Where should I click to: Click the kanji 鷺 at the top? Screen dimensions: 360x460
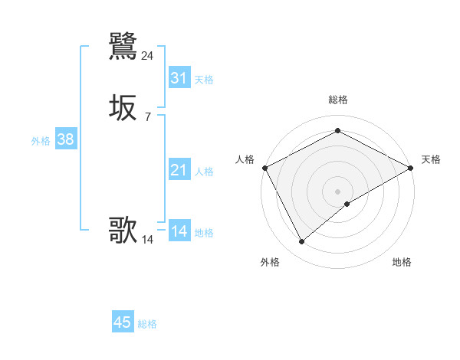pyautogui.click(x=123, y=46)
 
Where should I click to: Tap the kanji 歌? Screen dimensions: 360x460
pyautogui.click(x=123, y=230)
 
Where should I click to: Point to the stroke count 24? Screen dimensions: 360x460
pyautogui.click(x=147, y=56)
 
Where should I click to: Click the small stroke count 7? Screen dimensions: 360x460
pyautogui.click(x=147, y=117)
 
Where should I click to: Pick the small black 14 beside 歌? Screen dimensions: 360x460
pyautogui.click(x=147, y=240)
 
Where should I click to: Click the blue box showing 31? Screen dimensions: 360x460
pyautogui.click(x=179, y=78)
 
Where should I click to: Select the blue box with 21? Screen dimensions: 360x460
pyautogui.click(x=179, y=170)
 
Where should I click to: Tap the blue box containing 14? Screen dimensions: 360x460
pyautogui.click(x=179, y=231)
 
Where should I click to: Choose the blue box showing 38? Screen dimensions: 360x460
pyautogui.click(x=65, y=139)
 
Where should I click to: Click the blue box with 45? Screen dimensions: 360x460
pyautogui.click(x=123, y=322)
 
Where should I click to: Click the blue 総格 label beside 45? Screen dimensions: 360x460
pyautogui.click(x=147, y=324)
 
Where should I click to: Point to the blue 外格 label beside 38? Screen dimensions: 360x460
pyautogui.click(x=41, y=141)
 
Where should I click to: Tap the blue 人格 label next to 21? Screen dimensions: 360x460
pyautogui.click(x=205, y=172)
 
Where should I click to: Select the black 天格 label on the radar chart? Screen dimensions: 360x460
pyautogui.click(x=431, y=159)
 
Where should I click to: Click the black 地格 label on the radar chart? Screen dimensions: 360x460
pyautogui.click(x=402, y=262)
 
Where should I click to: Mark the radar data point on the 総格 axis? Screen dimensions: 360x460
pyautogui.click(x=337, y=131)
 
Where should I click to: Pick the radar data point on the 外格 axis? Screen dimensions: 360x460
pyautogui.click(x=301, y=242)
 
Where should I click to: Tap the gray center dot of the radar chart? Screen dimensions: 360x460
pyautogui.click(x=337, y=191)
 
